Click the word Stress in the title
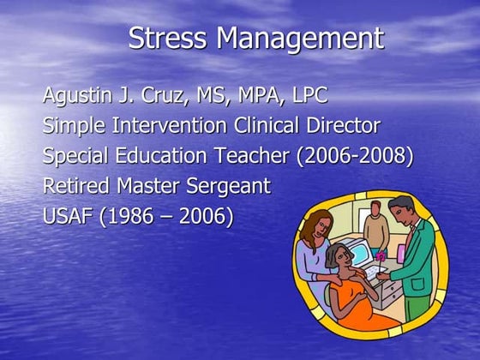[168, 39]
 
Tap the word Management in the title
[299, 39]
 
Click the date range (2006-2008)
[352, 156]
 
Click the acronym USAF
[69, 216]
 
